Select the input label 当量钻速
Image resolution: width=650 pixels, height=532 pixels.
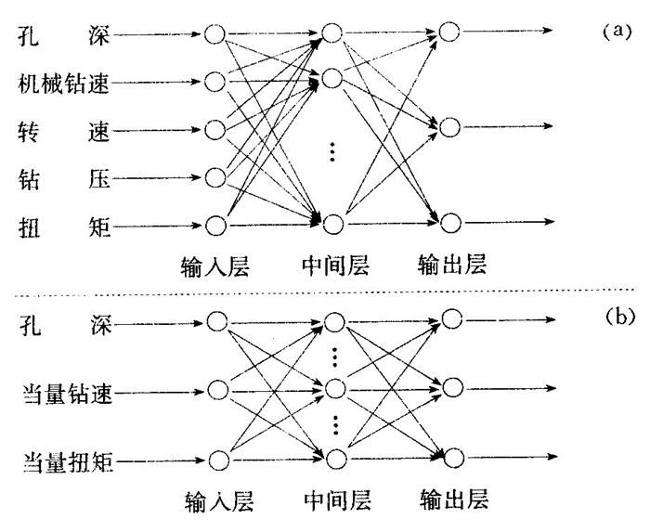[x=64, y=392]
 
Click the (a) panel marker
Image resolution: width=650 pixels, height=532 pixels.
[x=617, y=31]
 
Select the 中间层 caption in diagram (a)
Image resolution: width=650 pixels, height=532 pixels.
[x=334, y=266]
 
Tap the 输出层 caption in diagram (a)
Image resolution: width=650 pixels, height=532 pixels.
[x=451, y=266]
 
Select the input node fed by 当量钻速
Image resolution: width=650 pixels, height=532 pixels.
[x=216, y=389]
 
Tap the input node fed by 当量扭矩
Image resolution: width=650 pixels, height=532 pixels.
[x=216, y=460]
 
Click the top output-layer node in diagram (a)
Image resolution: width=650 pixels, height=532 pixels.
[x=450, y=32]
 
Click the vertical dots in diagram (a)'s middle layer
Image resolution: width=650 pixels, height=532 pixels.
[x=333, y=152]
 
